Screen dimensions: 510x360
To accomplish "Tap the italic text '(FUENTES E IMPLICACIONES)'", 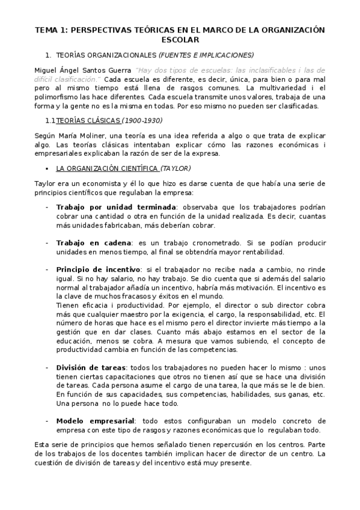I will click(x=206, y=54).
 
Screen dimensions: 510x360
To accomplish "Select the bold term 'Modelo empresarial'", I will click(x=96, y=420).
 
